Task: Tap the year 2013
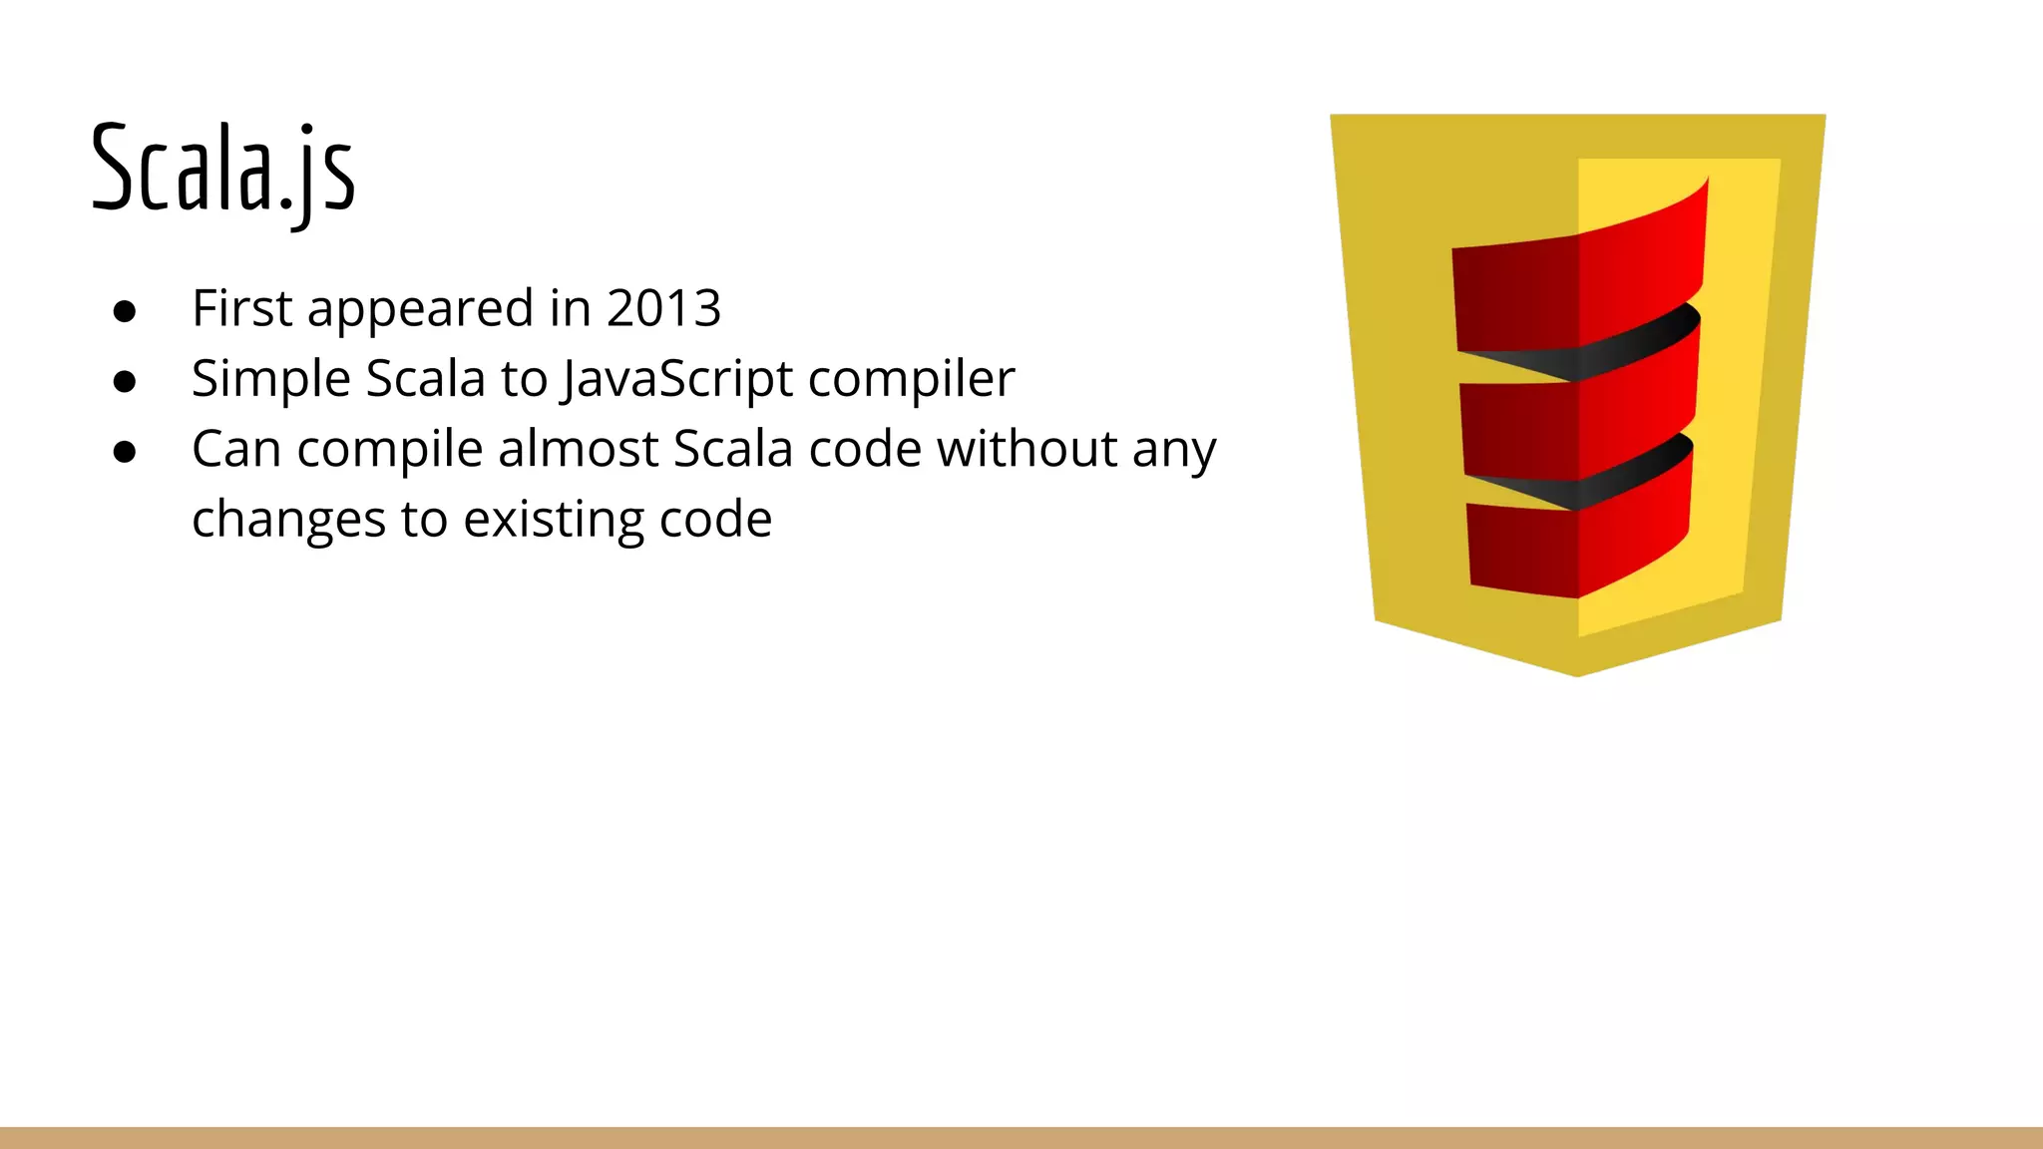(x=663, y=308)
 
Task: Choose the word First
(x=241, y=308)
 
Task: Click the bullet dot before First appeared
(x=125, y=311)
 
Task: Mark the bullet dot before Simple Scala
(x=125, y=382)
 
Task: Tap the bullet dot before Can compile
(x=125, y=452)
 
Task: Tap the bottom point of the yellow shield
(x=1577, y=672)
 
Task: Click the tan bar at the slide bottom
(x=1021, y=1138)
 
